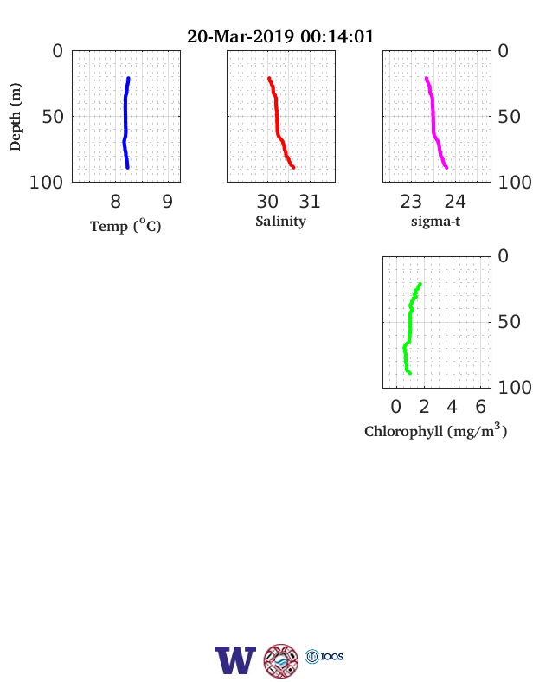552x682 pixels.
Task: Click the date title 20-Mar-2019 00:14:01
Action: coord(280,36)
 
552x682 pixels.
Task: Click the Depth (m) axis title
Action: coord(16,117)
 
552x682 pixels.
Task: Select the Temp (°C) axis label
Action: coord(125,225)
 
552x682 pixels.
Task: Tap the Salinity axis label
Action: coord(280,222)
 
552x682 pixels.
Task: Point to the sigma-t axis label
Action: coord(435,222)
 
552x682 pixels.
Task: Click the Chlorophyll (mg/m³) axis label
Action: coord(435,430)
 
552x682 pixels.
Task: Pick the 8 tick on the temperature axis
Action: coord(115,202)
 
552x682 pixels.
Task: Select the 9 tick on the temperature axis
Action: coord(168,202)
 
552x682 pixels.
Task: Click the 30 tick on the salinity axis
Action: coord(267,202)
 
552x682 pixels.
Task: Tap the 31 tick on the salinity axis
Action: coord(310,202)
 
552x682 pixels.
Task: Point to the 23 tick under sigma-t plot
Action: coord(411,202)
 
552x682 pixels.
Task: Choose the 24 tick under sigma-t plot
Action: coord(455,202)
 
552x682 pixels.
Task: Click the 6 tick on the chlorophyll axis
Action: coord(480,407)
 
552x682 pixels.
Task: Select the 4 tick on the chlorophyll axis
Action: coord(452,407)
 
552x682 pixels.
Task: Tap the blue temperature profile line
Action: coord(125,123)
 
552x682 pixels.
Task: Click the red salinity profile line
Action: coord(277,123)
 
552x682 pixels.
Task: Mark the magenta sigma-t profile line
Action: coord(433,123)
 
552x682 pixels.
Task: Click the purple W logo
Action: coord(235,660)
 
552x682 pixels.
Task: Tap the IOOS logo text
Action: coord(332,657)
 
